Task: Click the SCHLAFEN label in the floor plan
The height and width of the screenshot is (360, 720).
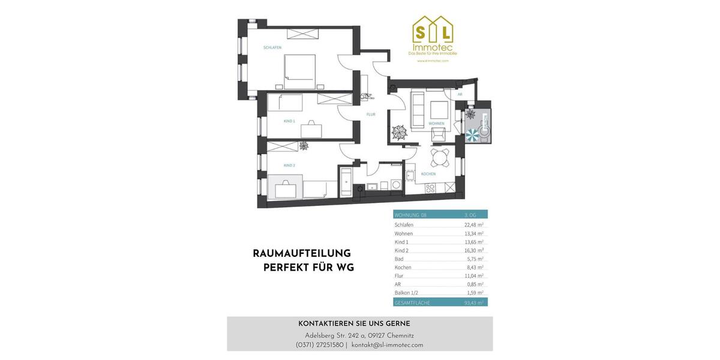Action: (x=272, y=47)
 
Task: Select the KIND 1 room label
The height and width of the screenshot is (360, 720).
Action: (x=289, y=121)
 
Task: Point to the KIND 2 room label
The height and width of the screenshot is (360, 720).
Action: (x=289, y=165)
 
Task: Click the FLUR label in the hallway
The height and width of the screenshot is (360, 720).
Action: (x=371, y=114)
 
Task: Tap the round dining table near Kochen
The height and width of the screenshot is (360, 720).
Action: (x=442, y=158)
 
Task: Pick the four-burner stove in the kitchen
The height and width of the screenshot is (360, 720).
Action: (x=430, y=188)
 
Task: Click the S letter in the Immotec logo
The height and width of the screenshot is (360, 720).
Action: (x=422, y=31)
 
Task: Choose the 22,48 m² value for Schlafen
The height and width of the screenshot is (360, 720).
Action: (x=473, y=225)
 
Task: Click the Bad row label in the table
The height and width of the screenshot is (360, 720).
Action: (x=399, y=259)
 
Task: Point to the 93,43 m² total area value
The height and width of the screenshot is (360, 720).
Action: (x=473, y=303)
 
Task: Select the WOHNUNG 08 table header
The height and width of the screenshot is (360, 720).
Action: (x=410, y=215)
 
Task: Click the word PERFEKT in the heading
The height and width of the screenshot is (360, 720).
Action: (x=286, y=268)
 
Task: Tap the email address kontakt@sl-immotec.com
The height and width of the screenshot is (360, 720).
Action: (x=387, y=345)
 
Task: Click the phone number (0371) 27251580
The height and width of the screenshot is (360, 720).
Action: (x=320, y=345)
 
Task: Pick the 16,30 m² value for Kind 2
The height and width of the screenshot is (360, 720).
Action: (x=473, y=250)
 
